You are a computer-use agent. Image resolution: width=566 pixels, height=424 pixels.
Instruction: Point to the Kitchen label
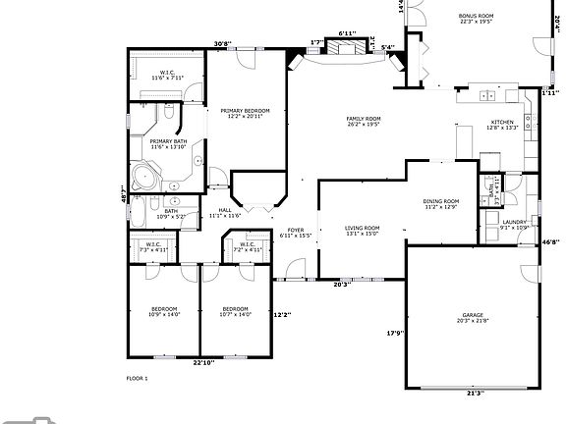tap(502, 124)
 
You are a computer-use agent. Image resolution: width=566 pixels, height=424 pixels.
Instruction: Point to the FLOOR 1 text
tap(137, 378)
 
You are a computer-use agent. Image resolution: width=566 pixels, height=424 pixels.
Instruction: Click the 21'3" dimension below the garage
tap(474, 393)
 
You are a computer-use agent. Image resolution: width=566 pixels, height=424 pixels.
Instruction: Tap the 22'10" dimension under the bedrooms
tap(203, 363)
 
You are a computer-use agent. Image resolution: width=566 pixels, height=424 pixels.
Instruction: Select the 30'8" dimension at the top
tap(222, 43)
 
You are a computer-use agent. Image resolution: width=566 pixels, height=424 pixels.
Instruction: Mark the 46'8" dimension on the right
tap(551, 241)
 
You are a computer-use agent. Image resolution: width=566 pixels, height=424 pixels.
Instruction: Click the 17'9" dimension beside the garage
tap(394, 334)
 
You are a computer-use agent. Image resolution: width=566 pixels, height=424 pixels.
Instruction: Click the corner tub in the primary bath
tap(145, 179)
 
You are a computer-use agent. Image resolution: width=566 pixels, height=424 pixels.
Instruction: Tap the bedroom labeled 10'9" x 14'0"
tap(165, 312)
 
